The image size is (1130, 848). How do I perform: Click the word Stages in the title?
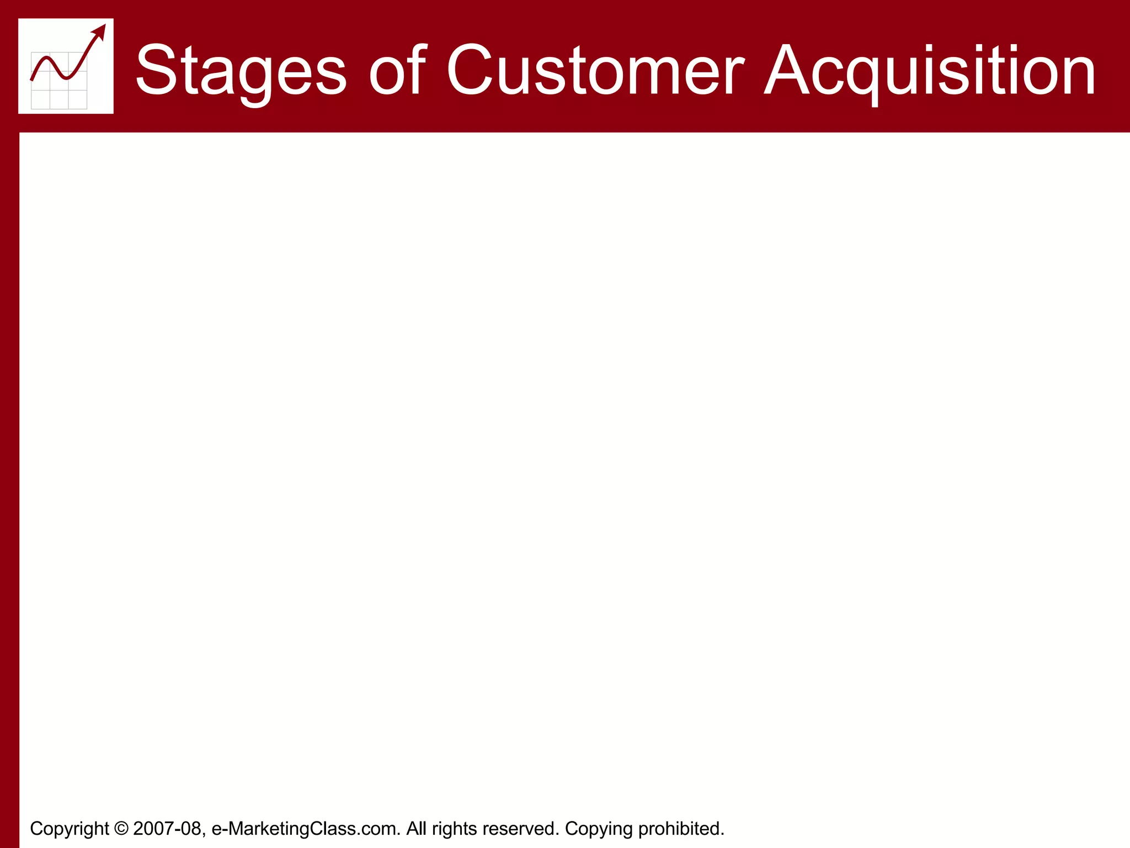(241, 71)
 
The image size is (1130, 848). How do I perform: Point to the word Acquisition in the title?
(930, 71)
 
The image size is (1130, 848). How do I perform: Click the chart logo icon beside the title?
(66, 66)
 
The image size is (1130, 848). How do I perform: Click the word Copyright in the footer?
(70, 828)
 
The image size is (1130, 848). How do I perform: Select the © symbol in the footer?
(121, 828)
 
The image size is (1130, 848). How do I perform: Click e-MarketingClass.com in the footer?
(306, 828)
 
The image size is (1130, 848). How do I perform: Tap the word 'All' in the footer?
(416, 828)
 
